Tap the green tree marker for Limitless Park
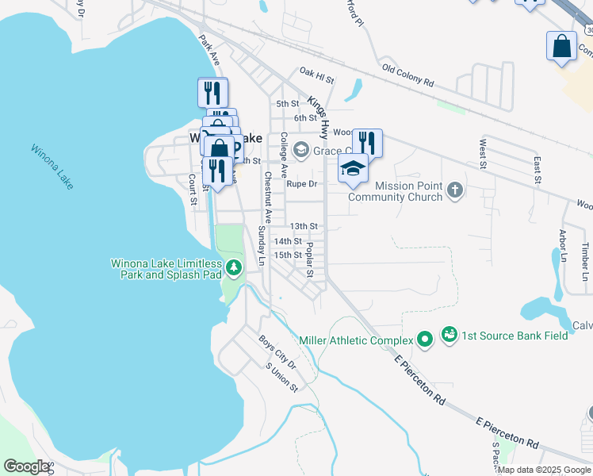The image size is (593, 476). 233,267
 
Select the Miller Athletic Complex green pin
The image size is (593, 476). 425,340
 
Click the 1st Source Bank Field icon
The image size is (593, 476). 450,334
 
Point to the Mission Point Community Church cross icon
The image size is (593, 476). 454,189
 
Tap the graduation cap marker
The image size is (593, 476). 354,167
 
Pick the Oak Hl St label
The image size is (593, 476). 317,75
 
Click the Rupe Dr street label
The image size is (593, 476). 301,184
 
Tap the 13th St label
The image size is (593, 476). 303,227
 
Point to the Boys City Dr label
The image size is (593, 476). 277,352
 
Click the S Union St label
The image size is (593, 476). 281,377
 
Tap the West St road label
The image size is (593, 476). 482,154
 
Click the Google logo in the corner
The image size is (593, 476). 26,466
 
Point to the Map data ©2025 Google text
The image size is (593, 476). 544,470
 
